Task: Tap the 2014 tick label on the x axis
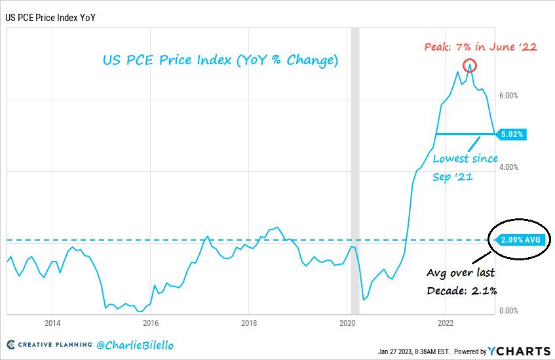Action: tap(52, 323)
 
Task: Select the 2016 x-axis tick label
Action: tap(151, 323)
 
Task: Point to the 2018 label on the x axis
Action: tap(249, 323)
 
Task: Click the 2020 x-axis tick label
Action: tap(347, 323)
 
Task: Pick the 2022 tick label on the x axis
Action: tap(446, 323)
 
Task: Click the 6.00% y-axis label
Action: tap(508, 96)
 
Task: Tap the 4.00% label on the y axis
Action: tap(508, 167)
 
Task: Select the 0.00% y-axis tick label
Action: tap(508, 311)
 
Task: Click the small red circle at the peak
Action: tap(469, 66)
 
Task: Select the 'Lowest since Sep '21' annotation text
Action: tap(465, 168)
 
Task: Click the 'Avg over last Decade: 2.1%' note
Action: tap(461, 281)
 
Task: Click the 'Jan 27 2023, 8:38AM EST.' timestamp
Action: tap(414, 351)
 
